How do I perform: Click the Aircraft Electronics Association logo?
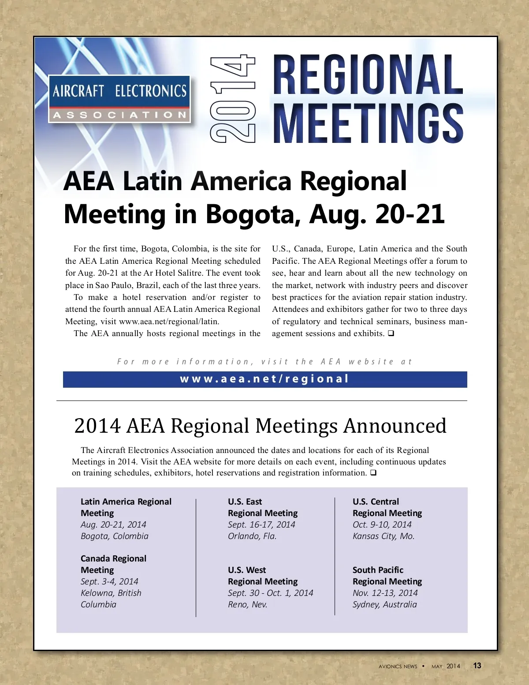point(119,99)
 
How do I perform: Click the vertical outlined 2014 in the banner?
point(233,99)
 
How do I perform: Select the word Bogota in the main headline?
point(251,214)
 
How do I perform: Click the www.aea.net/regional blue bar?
point(265,379)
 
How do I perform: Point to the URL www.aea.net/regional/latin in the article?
point(169,322)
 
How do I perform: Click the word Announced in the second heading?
point(395,426)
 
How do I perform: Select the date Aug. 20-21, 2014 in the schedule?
point(113,524)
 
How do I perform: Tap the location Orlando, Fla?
point(252,536)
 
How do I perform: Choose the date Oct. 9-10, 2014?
point(382,524)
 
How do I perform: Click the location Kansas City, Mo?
point(384,536)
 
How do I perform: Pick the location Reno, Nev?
point(247,604)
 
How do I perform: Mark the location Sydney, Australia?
point(384,604)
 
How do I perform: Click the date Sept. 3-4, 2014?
point(109,581)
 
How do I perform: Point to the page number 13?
point(477,666)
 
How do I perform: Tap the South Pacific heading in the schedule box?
point(378,570)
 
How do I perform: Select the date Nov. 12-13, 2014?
point(385,593)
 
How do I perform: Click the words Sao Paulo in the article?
point(114,285)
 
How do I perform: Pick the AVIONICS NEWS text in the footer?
point(398,666)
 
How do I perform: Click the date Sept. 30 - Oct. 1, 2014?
point(270,593)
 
